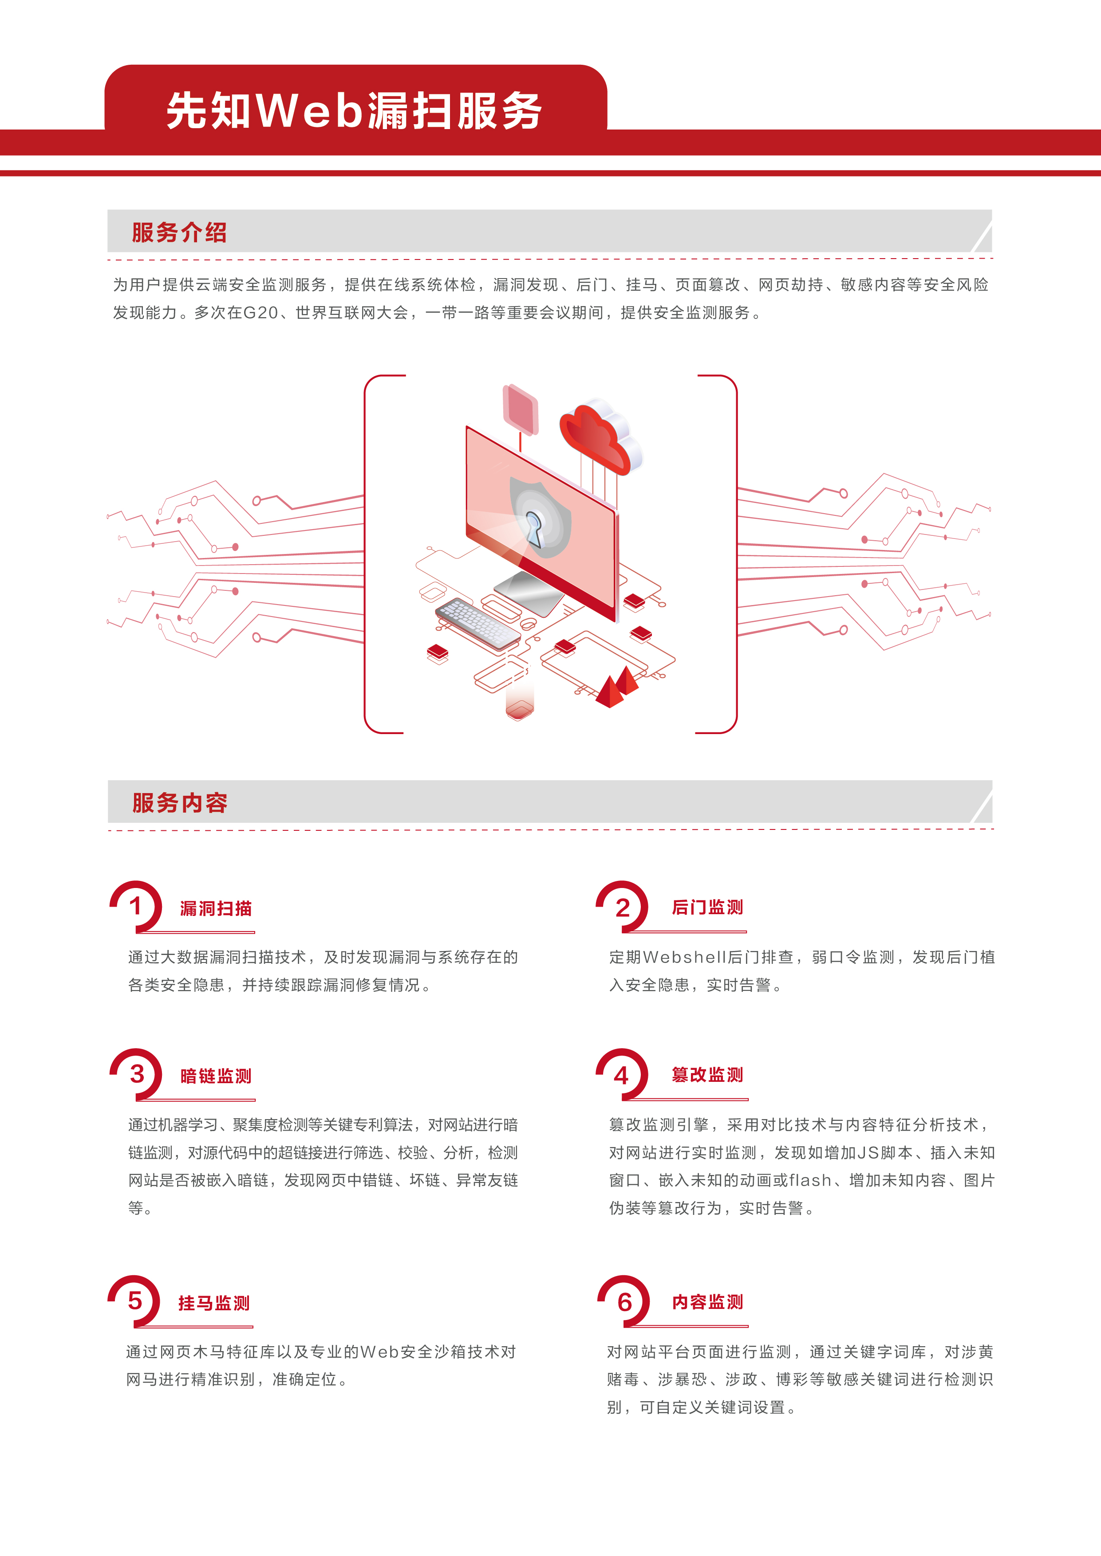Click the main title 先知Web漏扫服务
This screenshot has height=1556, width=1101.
[354, 110]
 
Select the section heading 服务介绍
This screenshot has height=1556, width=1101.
[179, 232]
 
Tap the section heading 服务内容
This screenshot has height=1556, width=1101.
[180, 803]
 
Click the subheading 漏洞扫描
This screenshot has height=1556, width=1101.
[216, 908]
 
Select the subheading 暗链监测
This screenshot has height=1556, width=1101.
[216, 1076]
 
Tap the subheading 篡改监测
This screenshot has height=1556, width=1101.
[707, 1075]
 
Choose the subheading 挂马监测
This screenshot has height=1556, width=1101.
[213, 1303]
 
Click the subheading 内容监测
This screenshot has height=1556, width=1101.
[707, 1302]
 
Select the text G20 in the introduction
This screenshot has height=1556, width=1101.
[260, 312]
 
